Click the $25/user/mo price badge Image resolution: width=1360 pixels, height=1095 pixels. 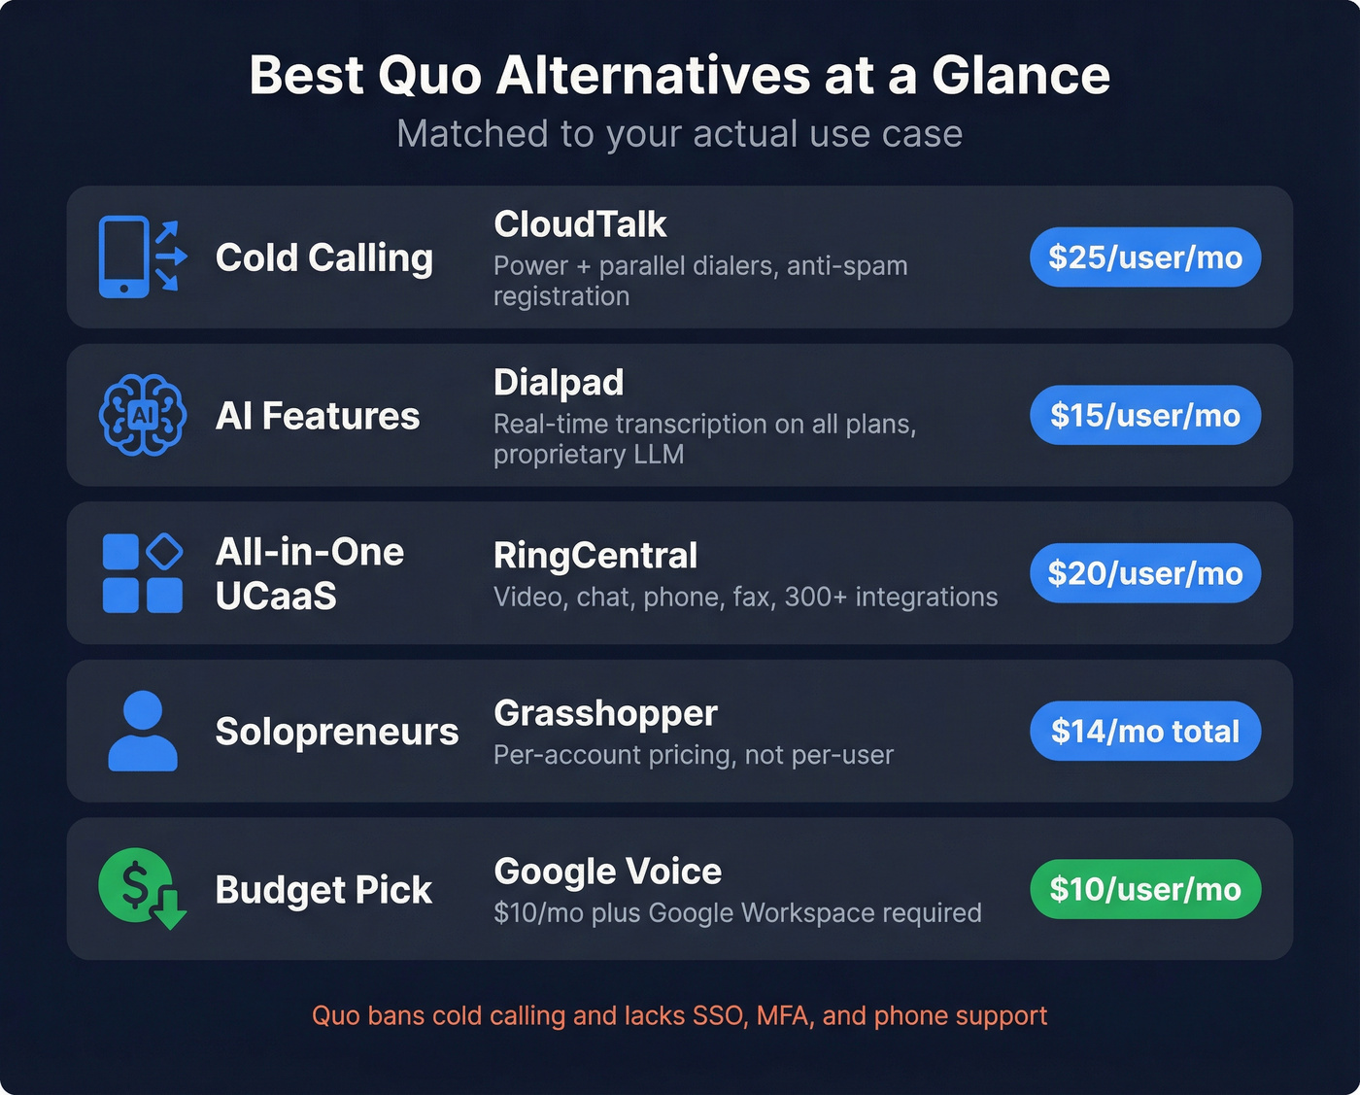pos(1145,257)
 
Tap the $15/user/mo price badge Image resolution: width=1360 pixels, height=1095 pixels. pos(1145,416)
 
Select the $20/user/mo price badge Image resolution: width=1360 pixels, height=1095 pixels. pos(1145,573)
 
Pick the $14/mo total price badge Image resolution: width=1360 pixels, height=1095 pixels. pos(1145,731)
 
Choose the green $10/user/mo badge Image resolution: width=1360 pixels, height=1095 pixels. pos(1145,889)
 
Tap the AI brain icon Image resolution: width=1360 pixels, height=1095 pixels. pos(143,416)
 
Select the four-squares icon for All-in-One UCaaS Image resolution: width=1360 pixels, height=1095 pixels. pos(143,573)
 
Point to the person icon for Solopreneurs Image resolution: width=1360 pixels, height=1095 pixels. pos(143,731)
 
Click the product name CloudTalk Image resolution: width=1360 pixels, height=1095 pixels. pos(580,224)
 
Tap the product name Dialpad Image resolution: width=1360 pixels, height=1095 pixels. pos(559,383)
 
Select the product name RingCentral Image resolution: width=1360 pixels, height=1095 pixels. pos(595,556)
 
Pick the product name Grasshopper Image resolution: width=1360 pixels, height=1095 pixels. pos(605,713)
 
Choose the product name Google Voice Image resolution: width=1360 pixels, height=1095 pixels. pos(607,872)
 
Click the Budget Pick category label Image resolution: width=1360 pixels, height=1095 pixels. pos(323,890)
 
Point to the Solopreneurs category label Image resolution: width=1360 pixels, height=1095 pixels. pos(336,732)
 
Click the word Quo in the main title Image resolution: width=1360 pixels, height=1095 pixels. pos(429,76)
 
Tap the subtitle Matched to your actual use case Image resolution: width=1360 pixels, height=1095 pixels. pos(679,134)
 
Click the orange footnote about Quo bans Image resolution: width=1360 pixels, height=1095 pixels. pos(679,1015)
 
